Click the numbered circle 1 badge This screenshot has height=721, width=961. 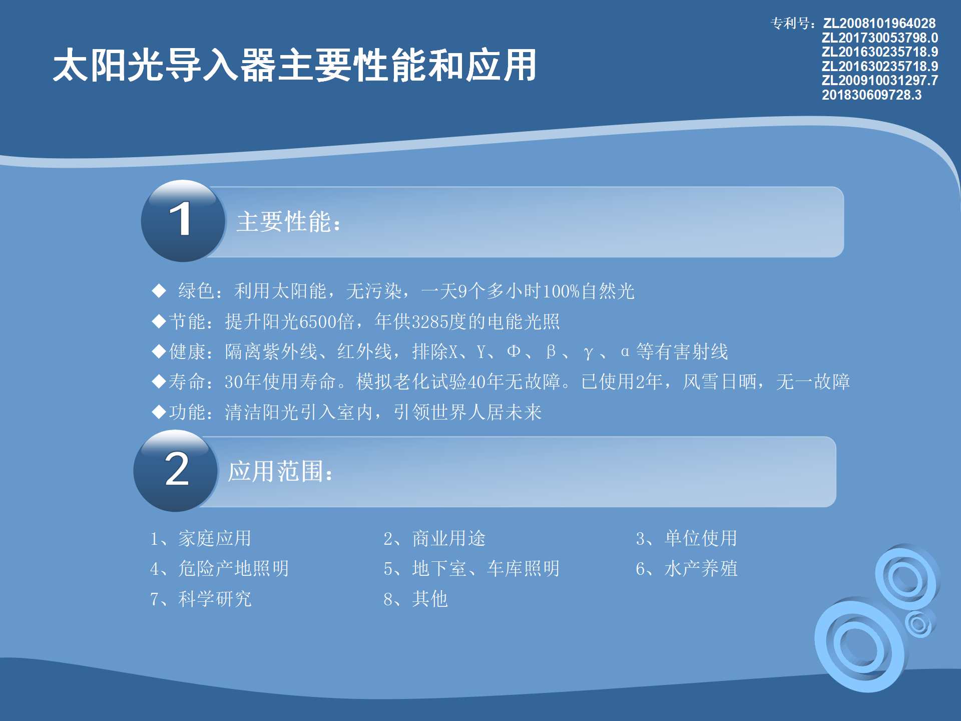(183, 221)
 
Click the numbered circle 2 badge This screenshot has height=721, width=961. (176, 471)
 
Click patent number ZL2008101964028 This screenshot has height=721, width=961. (879, 24)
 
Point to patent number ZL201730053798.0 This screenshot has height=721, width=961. (879, 38)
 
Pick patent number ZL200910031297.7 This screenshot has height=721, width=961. (879, 80)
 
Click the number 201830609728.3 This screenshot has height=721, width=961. (871, 95)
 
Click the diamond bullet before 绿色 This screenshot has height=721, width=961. (159, 290)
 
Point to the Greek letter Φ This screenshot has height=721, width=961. (514, 351)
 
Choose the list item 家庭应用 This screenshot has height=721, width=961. (215, 538)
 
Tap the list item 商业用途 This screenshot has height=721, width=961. (449, 538)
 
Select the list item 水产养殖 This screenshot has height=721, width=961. (701, 568)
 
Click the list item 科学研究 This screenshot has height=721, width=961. (215, 599)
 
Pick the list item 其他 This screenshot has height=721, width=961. (430, 599)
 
